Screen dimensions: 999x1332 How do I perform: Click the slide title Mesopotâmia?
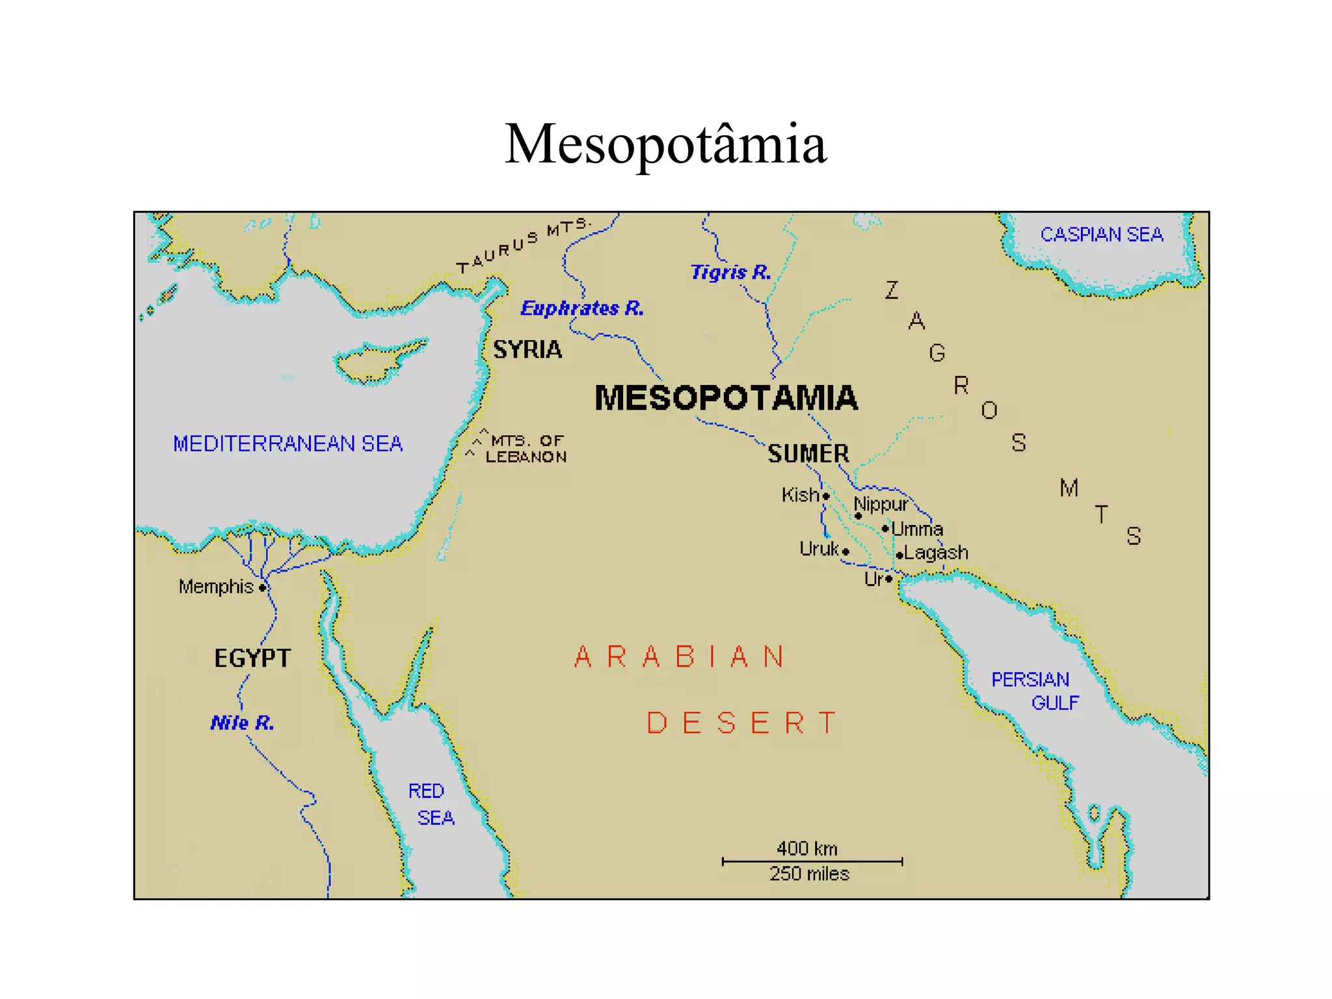point(665,144)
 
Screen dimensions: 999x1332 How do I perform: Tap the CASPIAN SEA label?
point(1101,234)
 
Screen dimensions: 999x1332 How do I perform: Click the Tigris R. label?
point(730,272)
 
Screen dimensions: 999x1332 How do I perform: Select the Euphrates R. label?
point(582,308)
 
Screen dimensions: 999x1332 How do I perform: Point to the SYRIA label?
point(527,350)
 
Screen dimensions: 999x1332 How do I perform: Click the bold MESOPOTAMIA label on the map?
point(726,398)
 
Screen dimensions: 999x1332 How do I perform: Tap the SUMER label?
point(808,453)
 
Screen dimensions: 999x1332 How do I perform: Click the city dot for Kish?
point(826,496)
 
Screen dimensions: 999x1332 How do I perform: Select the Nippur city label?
point(881,504)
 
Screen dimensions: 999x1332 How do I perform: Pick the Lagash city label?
point(936,553)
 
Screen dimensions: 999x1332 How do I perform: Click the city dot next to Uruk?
point(846,552)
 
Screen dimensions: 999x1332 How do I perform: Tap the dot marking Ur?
point(888,579)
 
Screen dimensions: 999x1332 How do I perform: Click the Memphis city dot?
point(262,588)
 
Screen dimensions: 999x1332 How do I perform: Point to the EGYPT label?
point(252,658)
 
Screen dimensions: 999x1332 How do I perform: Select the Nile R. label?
point(243,723)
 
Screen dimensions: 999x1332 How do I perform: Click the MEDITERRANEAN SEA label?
point(287,444)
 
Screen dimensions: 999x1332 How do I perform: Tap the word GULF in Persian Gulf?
point(1055,703)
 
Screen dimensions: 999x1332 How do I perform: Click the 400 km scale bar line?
point(812,861)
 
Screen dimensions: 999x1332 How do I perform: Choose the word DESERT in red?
point(741,723)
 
